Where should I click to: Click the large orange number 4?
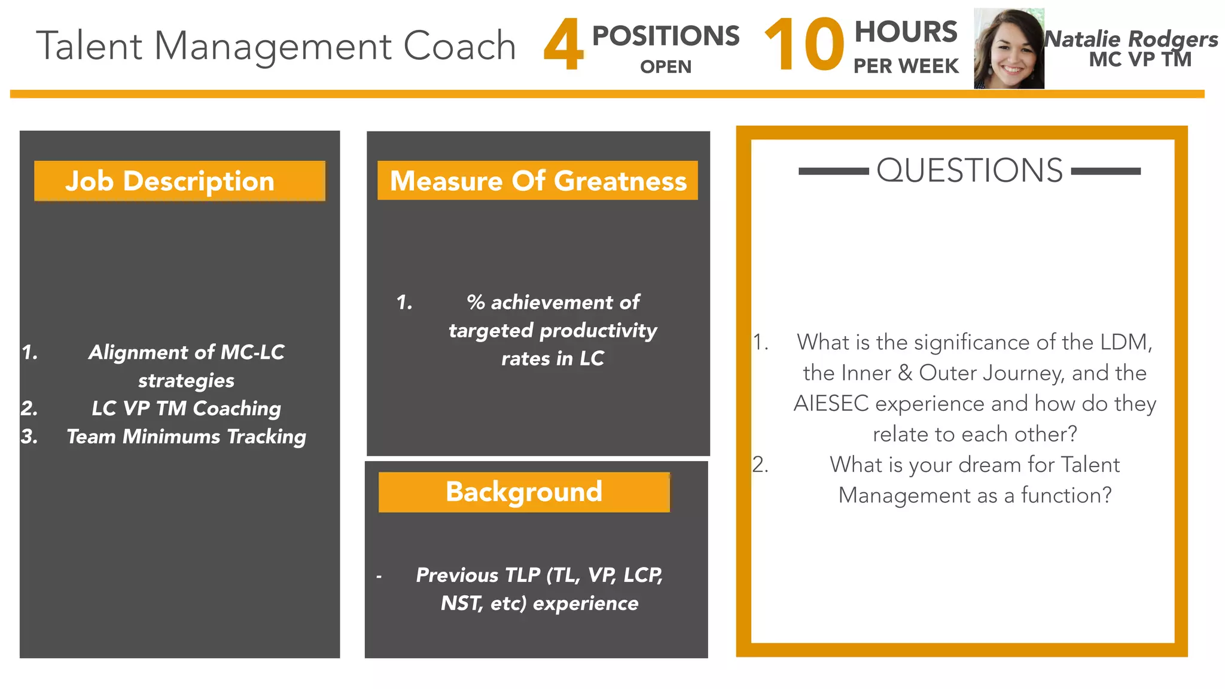coord(563,45)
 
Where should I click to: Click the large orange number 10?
coord(804,45)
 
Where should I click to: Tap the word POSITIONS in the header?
coord(665,36)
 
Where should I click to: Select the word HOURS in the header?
coord(906,32)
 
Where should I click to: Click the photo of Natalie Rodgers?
coord(1008,49)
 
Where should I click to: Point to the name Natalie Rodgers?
coord(1131,39)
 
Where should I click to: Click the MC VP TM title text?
coord(1140,60)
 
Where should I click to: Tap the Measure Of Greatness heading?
coord(538,181)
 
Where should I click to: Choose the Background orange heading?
coord(523,492)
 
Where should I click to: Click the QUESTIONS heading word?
coord(970,170)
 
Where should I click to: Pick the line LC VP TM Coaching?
coord(186,408)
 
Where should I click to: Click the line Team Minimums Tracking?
coord(186,437)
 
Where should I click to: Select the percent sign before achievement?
coord(476,303)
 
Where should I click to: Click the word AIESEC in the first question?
coord(830,404)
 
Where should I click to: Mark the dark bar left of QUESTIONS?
coord(833,172)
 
